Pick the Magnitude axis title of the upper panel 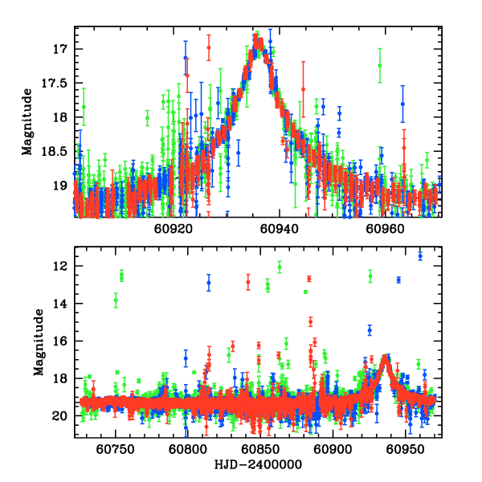27,121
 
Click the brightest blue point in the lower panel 420,255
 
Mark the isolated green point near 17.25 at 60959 379,65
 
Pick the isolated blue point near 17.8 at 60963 402,104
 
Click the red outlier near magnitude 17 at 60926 209,47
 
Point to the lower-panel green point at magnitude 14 116,300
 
